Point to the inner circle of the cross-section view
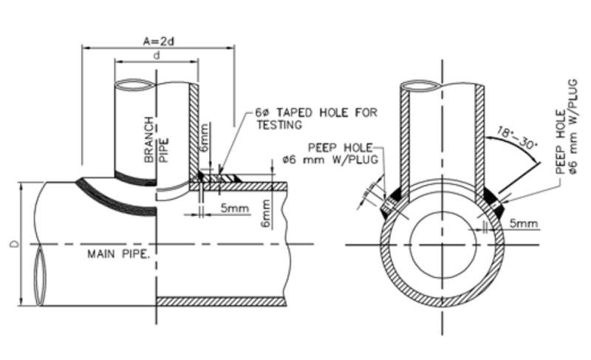click(441, 245)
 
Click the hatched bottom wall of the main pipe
click(222, 302)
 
